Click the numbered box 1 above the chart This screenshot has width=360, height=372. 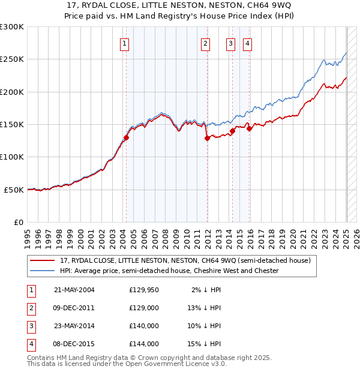(x=125, y=43)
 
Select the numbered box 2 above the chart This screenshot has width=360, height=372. (x=205, y=43)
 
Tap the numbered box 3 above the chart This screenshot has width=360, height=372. (x=230, y=43)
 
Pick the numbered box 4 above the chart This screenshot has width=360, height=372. (x=247, y=43)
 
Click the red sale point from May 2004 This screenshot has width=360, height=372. (x=127, y=137)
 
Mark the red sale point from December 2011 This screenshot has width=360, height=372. (x=207, y=138)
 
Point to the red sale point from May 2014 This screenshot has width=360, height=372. (x=232, y=131)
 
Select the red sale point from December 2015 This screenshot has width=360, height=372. (x=249, y=128)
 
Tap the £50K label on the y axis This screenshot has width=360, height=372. (x=14, y=190)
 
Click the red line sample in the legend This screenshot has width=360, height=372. (x=43, y=261)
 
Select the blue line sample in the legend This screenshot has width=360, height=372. (x=43, y=271)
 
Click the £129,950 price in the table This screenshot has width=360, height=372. (x=144, y=290)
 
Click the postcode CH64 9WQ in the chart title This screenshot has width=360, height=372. (x=268, y=5)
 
